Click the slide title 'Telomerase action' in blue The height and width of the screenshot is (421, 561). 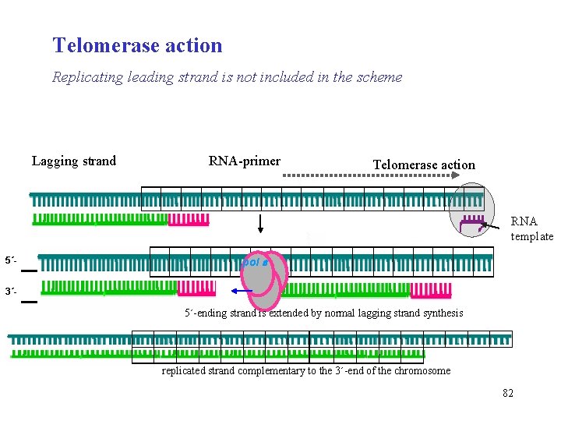point(137,45)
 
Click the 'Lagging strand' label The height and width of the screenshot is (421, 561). point(74,161)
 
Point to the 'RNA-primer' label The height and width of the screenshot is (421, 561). point(245,161)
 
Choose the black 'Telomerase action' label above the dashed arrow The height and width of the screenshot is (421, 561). point(423,165)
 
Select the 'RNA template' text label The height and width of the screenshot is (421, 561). point(531,229)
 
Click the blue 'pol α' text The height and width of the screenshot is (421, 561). point(255,263)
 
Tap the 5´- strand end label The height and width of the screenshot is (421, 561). point(11,260)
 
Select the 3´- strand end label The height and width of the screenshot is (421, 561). point(11,292)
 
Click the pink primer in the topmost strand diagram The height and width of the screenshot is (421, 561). point(189,220)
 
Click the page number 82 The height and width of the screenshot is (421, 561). point(507,393)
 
